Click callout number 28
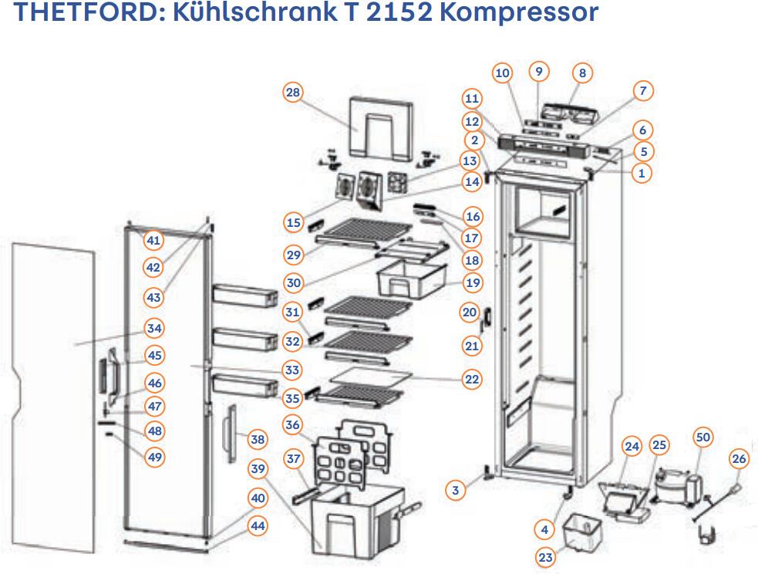click(293, 93)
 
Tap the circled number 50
click(702, 437)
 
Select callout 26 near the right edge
click(739, 460)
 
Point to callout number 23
click(546, 557)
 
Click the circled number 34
click(154, 329)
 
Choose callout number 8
click(583, 73)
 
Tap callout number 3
click(456, 489)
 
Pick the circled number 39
click(258, 469)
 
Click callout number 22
click(472, 379)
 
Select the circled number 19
click(473, 282)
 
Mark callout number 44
click(258, 525)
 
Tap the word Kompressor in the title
click(525, 13)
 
